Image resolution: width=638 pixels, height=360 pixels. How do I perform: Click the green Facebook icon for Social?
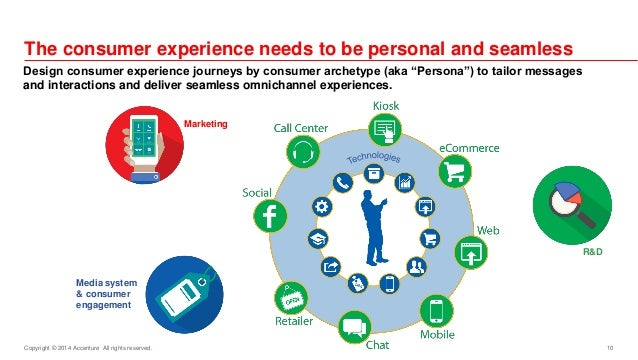269,215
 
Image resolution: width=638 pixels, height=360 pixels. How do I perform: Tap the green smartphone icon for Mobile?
437,309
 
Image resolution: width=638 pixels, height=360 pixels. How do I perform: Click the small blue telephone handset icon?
344,183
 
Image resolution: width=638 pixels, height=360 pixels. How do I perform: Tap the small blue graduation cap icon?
319,239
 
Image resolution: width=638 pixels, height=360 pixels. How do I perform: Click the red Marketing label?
207,124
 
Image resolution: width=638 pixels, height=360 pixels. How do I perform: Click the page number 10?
609,348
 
